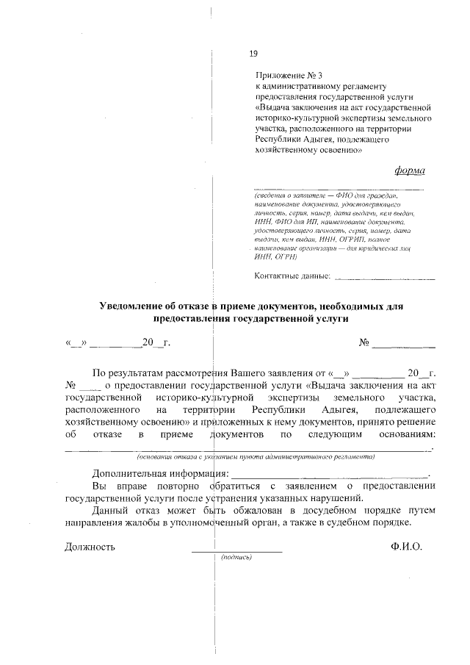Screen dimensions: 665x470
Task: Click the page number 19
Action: (253, 53)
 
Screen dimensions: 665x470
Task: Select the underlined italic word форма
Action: (409, 170)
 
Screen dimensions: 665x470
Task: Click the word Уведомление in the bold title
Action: (140, 306)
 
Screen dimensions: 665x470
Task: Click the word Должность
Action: (90, 547)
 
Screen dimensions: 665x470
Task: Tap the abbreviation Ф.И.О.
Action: (407, 547)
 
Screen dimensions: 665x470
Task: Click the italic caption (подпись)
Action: (236, 557)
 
